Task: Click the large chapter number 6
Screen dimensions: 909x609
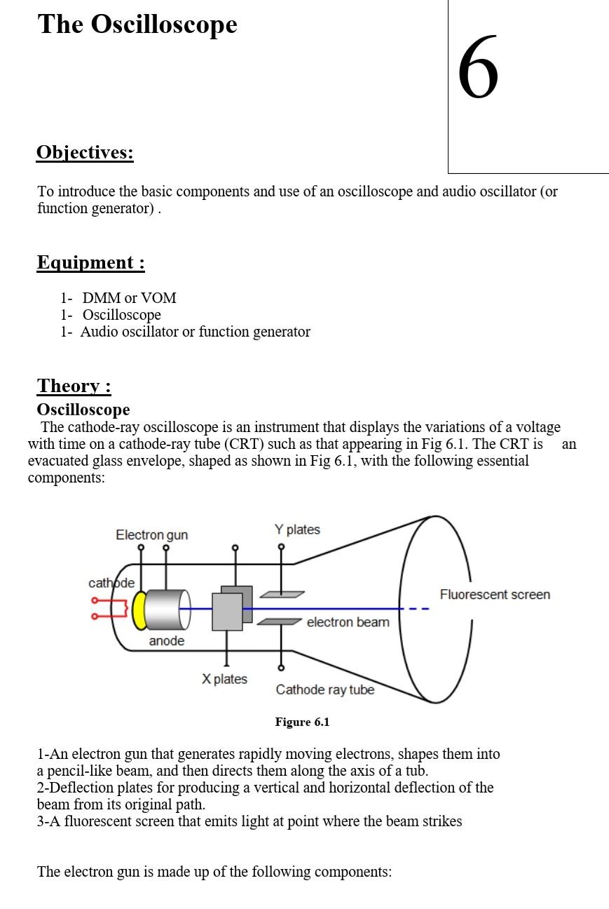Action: [479, 68]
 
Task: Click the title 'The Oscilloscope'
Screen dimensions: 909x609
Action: [137, 25]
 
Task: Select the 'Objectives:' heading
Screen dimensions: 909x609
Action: [85, 152]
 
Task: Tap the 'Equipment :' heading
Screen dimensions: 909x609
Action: [90, 262]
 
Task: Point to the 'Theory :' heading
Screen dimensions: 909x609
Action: [74, 386]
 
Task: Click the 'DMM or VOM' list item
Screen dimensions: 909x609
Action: [129, 298]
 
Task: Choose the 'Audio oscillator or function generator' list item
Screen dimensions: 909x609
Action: [195, 332]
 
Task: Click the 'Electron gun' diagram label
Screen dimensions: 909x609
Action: [151, 535]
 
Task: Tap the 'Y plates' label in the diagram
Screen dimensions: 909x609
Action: [297, 530]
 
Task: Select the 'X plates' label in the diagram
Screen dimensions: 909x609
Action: [224, 679]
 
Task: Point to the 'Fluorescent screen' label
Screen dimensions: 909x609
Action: [495, 595]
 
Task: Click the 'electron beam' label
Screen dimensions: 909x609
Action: [348, 622]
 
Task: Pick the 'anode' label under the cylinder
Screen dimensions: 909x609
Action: [167, 641]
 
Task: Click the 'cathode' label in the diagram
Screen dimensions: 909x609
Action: [111, 584]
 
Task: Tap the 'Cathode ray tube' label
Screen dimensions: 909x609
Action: [325, 689]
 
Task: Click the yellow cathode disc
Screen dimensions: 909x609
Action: [140, 610]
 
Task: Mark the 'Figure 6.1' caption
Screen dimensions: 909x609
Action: [302, 722]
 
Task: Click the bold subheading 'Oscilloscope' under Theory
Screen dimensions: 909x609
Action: [83, 410]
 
